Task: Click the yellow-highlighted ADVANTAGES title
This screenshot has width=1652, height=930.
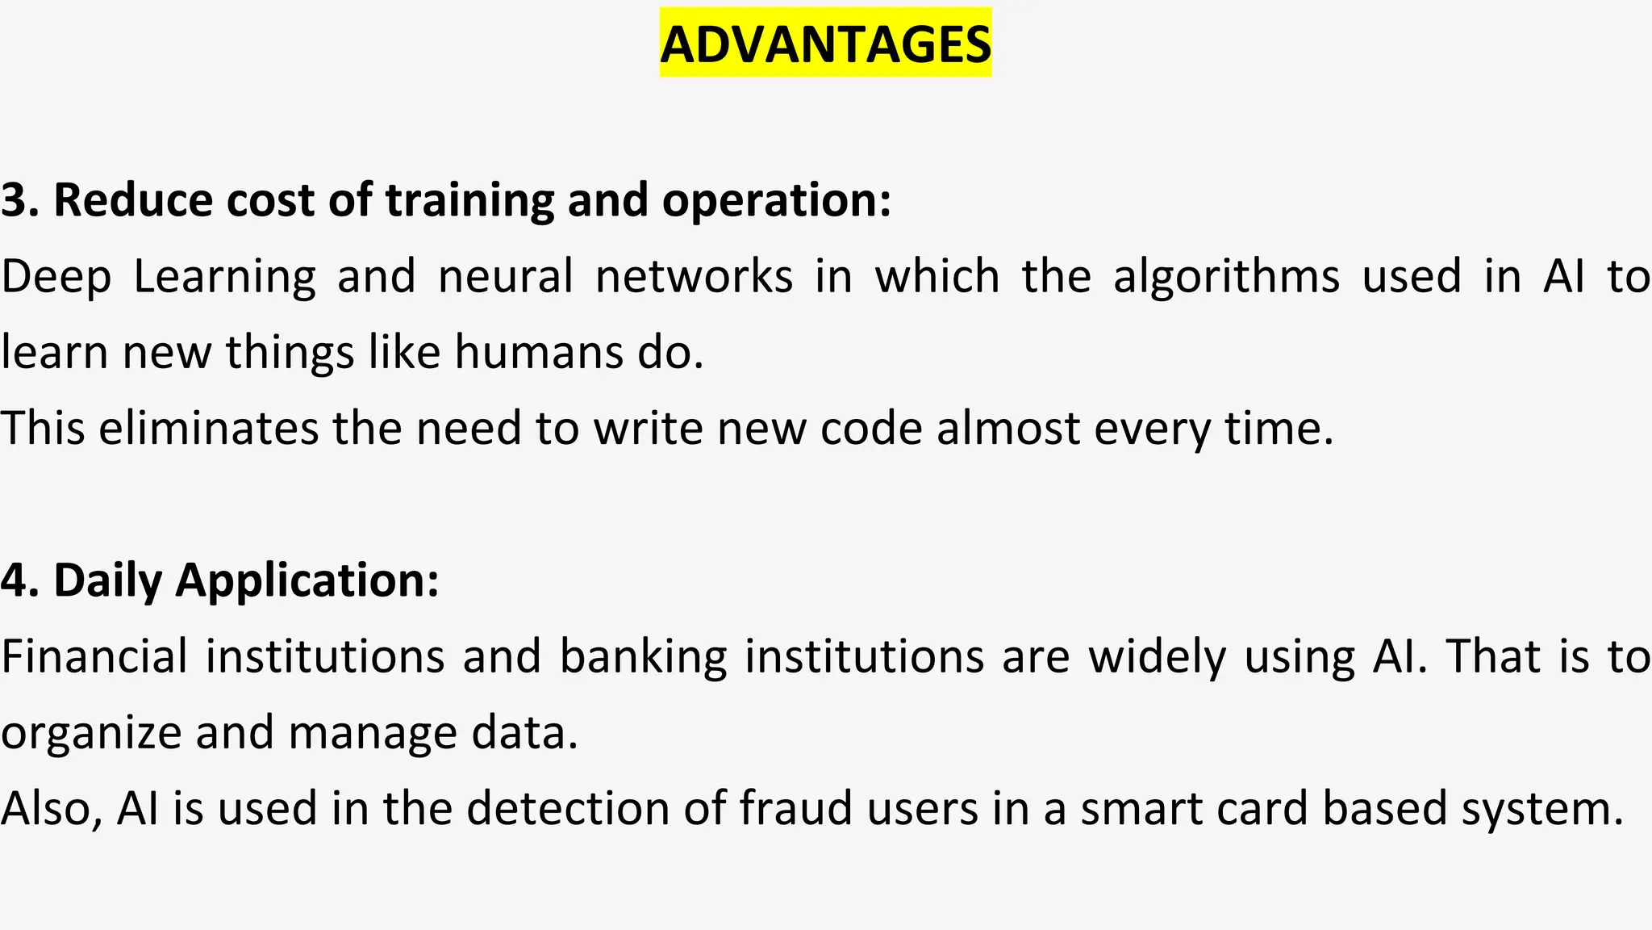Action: [x=825, y=44]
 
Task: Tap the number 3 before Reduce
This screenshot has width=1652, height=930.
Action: [x=15, y=200]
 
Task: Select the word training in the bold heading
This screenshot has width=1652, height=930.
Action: [x=469, y=200]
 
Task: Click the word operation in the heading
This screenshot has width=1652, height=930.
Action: [x=776, y=200]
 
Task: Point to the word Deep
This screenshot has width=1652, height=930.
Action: [x=56, y=276]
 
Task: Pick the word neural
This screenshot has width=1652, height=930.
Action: [x=506, y=276]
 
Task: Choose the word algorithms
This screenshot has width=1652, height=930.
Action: [x=1226, y=276]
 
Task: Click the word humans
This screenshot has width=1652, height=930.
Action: [x=539, y=352]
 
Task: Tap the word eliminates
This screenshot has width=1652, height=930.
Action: [x=209, y=428]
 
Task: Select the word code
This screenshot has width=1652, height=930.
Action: [x=871, y=428]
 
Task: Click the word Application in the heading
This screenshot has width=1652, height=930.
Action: [x=307, y=580]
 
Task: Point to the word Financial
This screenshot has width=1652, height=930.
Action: [x=94, y=656]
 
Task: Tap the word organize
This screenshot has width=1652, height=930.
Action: [x=91, y=731]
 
